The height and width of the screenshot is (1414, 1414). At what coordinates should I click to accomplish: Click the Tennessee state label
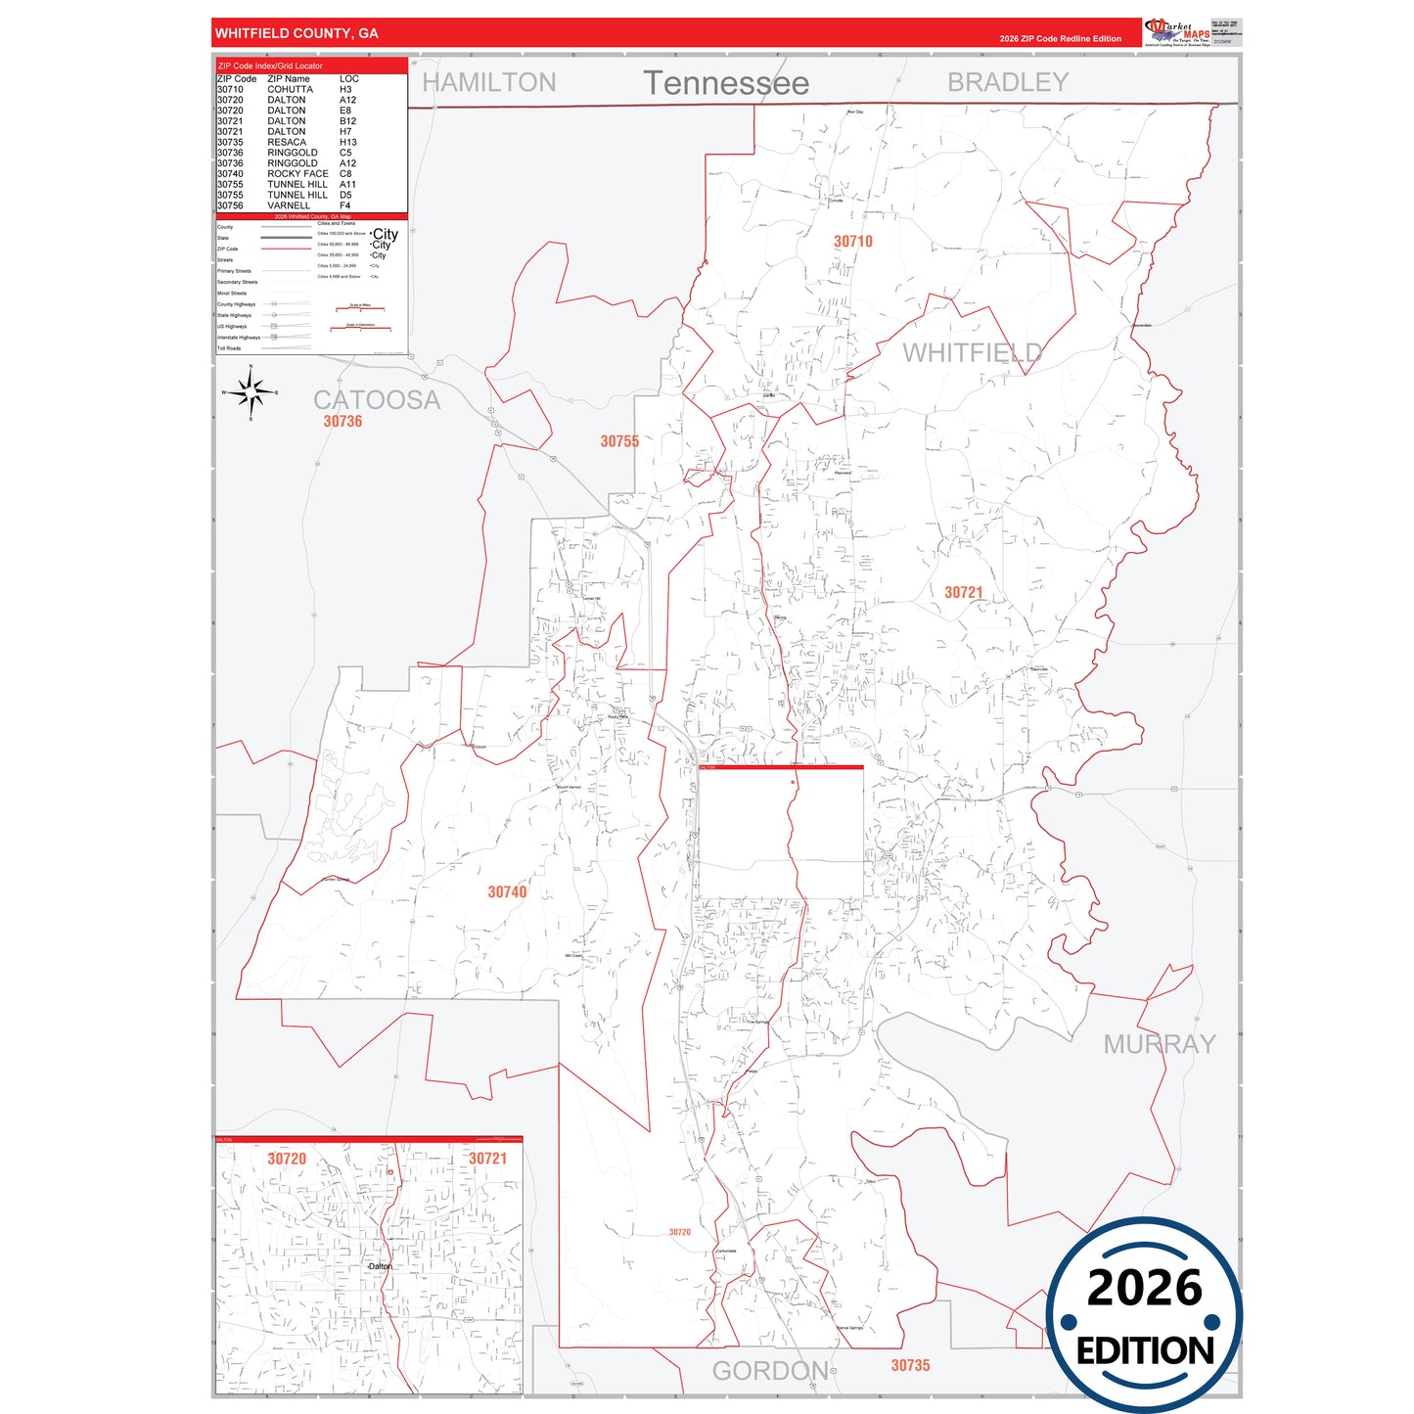[725, 83]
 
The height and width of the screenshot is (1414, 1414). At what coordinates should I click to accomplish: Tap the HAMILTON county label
[488, 82]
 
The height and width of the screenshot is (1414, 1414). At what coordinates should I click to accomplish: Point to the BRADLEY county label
[1007, 82]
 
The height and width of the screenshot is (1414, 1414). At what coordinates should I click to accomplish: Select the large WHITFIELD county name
[972, 352]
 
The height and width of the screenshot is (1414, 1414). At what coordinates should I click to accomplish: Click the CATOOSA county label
[376, 399]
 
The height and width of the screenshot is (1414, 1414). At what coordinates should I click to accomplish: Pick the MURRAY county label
[1159, 1044]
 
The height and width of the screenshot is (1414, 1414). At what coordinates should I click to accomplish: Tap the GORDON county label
[769, 1370]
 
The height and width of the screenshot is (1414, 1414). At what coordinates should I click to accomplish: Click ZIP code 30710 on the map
[852, 241]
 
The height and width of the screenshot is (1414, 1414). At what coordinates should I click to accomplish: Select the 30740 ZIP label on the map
[507, 891]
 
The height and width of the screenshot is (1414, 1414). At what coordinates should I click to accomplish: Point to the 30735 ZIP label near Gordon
[910, 1365]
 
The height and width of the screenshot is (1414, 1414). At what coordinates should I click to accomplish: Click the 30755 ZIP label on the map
[619, 441]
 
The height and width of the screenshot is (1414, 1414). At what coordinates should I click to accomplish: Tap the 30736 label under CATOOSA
[342, 422]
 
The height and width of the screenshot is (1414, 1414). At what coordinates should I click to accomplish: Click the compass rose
[251, 392]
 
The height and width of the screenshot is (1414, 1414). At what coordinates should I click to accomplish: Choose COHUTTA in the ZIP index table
[290, 89]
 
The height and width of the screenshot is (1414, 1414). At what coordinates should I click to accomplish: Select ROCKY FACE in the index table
[297, 173]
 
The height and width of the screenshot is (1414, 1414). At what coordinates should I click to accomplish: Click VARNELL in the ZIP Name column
[288, 205]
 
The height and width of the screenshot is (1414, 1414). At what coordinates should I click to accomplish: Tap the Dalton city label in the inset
[380, 1266]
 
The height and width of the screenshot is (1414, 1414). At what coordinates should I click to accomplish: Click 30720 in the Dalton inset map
[287, 1159]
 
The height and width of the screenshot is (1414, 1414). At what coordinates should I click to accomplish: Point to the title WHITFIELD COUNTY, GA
[296, 33]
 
